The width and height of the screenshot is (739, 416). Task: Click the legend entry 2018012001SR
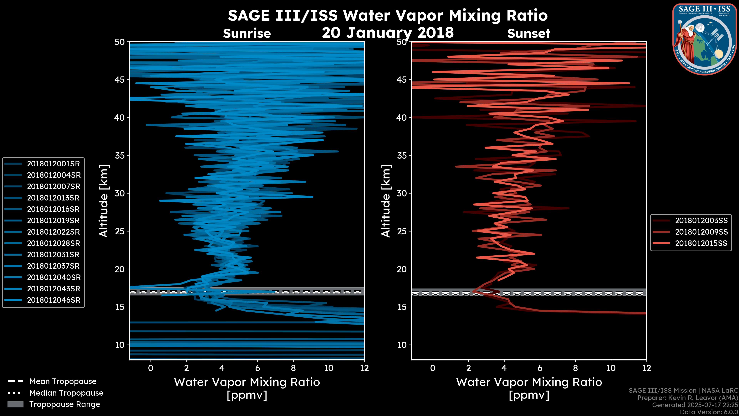tap(53, 164)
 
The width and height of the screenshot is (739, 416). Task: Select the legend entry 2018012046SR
tap(53, 300)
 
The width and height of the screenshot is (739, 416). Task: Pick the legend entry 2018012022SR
tap(53, 232)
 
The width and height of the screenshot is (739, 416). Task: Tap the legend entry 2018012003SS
tap(701, 221)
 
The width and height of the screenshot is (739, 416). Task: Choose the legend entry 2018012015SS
tap(701, 243)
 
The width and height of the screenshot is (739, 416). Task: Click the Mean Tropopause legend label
tap(63, 381)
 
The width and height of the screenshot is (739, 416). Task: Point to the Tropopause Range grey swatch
tap(15, 404)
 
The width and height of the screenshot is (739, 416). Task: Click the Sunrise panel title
tap(247, 34)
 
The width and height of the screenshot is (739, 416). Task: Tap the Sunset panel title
tap(529, 34)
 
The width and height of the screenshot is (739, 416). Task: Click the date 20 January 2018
tap(388, 32)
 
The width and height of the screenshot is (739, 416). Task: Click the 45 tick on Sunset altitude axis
tap(402, 80)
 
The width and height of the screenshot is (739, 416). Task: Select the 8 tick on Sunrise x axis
tap(293, 368)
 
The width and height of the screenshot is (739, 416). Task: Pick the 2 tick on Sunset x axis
tap(468, 368)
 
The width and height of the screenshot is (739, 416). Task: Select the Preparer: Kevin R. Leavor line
tap(687, 398)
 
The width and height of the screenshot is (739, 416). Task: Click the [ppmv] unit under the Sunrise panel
tap(247, 395)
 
